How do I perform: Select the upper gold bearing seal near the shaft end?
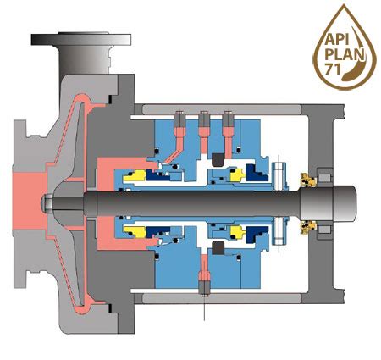(310, 180)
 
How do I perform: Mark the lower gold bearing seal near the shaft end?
(310, 226)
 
